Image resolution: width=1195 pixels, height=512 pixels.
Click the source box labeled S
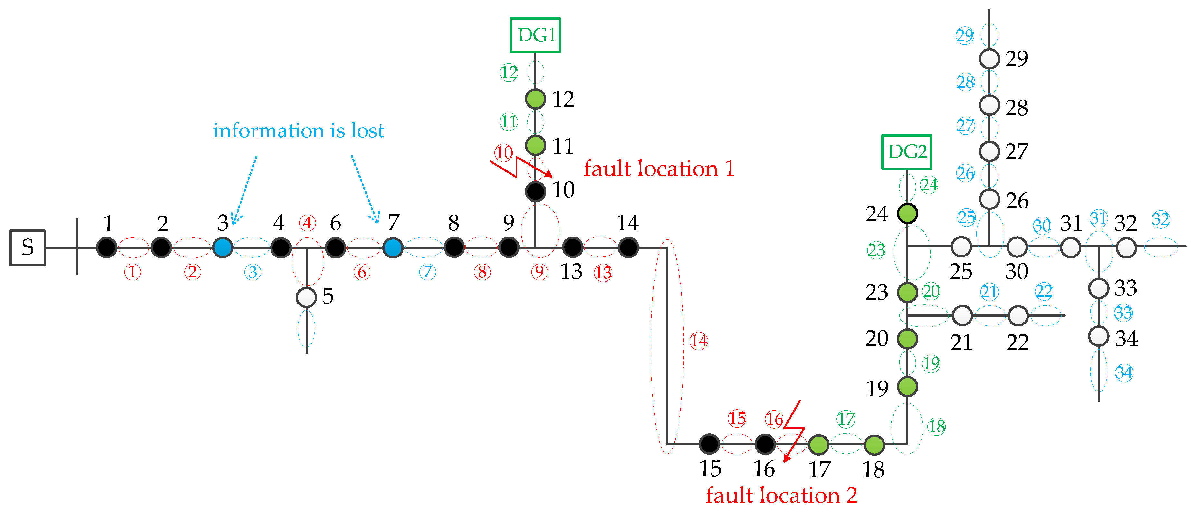pos(28,247)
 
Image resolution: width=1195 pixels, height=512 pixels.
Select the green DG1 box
pos(535,35)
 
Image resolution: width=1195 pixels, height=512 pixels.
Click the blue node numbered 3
pos(223,247)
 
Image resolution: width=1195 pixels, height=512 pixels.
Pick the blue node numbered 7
pos(393,247)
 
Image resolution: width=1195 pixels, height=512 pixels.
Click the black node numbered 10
pos(535,191)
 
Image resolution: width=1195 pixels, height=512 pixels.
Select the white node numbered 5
pos(306,297)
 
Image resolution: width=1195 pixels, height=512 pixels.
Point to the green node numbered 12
pos(535,99)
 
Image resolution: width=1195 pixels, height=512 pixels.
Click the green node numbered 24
pos(907,214)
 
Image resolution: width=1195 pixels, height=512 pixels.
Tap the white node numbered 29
pos(989,59)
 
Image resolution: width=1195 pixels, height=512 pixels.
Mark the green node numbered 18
pos(874,445)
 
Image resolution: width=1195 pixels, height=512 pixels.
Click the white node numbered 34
pos(1098,336)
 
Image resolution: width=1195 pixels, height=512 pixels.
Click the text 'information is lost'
pos(298,131)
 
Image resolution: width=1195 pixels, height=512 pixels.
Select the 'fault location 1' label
pos(659,169)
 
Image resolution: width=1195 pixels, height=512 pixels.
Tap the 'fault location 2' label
pos(781,495)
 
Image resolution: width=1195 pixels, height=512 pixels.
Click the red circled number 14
pos(699,341)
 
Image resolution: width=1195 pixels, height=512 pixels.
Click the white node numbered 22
pos(1018,316)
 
